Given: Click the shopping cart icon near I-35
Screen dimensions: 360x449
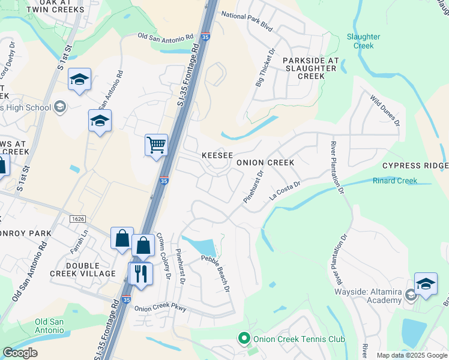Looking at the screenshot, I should point(156,145).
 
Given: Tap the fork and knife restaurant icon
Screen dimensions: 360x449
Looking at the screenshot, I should point(141,274).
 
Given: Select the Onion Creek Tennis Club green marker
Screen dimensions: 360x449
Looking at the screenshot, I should point(244,339).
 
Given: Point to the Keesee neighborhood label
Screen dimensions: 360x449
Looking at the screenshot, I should point(217,155).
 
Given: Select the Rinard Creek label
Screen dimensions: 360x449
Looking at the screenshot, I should point(395,181).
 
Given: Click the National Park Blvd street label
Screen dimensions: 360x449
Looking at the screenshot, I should point(247,22).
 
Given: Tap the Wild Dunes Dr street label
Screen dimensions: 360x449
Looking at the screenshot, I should point(385,110).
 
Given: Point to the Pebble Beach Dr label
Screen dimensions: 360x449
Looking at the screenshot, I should point(216,274).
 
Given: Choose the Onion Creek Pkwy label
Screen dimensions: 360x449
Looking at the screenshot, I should point(160,309).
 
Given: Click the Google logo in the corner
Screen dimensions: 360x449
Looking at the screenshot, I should point(20,353).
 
